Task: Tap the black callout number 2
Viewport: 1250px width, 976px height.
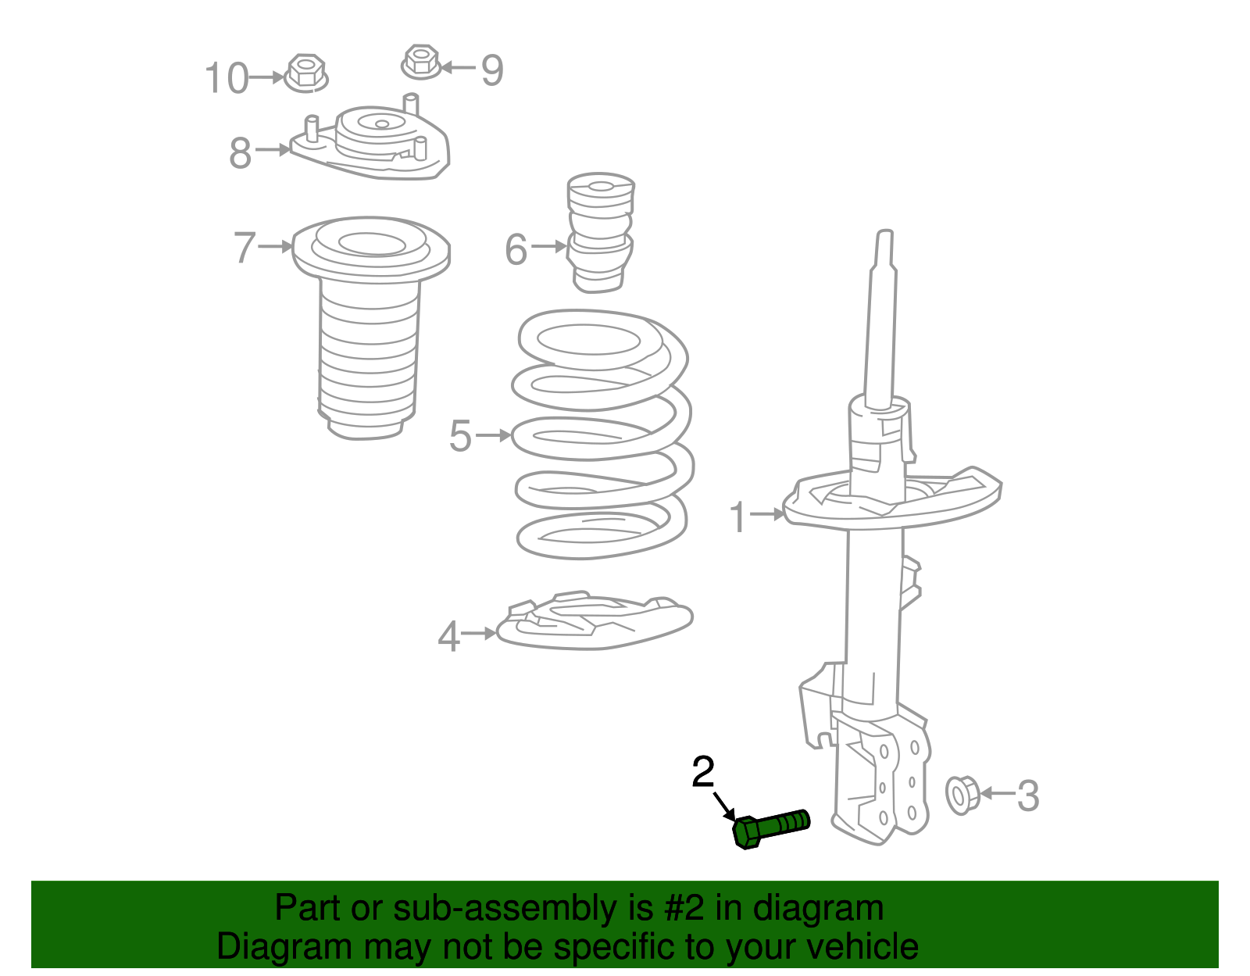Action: [x=703, y=772]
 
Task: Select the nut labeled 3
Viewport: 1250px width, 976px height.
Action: [x=962, y=795]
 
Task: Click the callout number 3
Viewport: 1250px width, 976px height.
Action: [x=1028, y=796]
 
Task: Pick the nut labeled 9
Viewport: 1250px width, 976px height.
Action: [x=420, y=62]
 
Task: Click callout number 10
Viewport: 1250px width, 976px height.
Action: [x=226, y=79]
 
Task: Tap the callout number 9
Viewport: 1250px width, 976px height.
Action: [x=491, y=70]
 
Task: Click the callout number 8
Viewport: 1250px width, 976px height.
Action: [x=240, y=153]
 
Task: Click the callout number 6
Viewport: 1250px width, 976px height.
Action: [x=516, y=250]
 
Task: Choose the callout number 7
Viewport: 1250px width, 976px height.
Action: [x=245, y=248]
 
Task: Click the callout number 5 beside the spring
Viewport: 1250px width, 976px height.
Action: [x=460, y=436]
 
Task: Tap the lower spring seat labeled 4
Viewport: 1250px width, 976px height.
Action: [x=594, y=620]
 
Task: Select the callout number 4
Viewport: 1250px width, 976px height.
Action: [x=448, y=637]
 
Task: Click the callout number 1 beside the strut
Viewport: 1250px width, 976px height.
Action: [x=738, y=517]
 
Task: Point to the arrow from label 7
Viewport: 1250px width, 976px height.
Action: [x=274, y=246]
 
